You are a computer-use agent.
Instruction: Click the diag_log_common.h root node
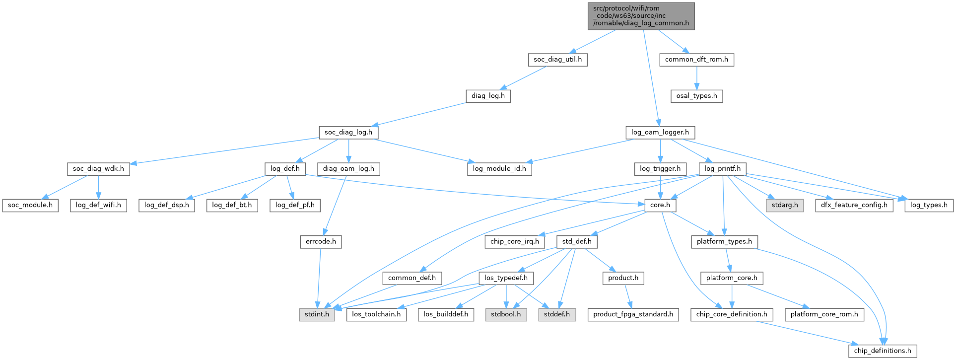click(641, 16)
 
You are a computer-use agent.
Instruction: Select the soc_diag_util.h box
click(557, 60)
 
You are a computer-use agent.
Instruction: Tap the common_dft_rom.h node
click(696, 60)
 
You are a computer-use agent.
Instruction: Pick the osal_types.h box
click(696, 96)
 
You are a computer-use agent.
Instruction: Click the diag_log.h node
click(488, 96)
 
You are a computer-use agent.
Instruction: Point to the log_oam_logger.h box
click(660, 133)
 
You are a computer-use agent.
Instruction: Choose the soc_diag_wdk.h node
click(98, 169)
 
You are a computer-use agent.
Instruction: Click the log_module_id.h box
click(499, 169)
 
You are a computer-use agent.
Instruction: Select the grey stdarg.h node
click(785, 205)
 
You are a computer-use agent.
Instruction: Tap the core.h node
click(660, 205)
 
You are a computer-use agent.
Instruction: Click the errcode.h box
click(321, 242)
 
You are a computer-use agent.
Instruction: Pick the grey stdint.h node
click(317, 314)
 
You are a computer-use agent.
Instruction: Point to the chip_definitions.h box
click(883, 351)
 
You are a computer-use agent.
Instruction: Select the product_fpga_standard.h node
click(633, 314)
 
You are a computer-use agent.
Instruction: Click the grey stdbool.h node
click(506, 314)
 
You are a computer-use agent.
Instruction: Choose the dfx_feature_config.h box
click(854, 205)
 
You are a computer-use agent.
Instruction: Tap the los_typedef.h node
click(506, 278)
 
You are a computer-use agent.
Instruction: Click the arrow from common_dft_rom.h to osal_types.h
click(696, 77)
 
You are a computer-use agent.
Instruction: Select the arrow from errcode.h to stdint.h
click(319, 278)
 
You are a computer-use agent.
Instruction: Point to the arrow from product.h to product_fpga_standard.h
click(628, 296)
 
